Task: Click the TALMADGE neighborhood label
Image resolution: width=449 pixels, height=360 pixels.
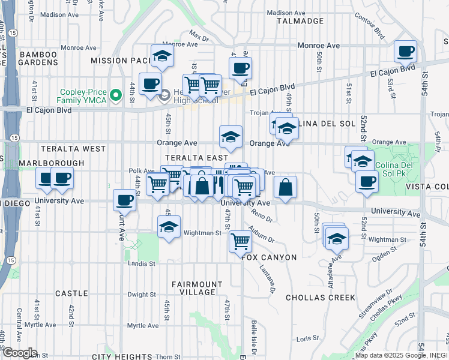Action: pyautogui.click(x=300, y=21)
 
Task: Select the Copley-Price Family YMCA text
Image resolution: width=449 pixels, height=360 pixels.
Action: pyautogui.click(x=82, y=96)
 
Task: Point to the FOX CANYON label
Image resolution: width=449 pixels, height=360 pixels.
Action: pyautogui.click(x=270, y=257)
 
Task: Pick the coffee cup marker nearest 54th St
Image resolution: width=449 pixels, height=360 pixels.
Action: pyautogui.click(x=406, y=51)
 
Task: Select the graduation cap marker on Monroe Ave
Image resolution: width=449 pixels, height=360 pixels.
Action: pyautogui.click(x=162, y=56)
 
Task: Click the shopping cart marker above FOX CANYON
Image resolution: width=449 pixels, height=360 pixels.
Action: pyautogui.click(x=240, y=241)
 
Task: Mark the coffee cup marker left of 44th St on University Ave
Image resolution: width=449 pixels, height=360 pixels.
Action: pyautogui.click(x=125, y=199)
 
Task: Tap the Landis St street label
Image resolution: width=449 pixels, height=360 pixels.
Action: pyautogui.click(x=142, y=263)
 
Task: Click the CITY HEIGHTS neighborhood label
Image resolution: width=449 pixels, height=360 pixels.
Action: pyautogui.click(x=124, y=357)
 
